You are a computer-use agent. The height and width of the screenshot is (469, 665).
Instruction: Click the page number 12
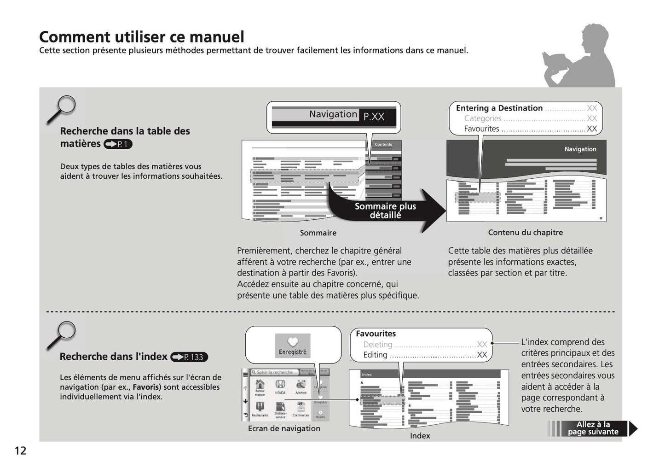pyautogui.click(x=21, y=451)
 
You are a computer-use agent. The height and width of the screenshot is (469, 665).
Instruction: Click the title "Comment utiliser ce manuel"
pyautogui.click(x=142, y=36)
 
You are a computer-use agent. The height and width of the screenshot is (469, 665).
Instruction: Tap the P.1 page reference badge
pyautogui.click(x=118, y=144)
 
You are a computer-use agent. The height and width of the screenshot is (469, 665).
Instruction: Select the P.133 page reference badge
pyautogui.click(x=189, y=357)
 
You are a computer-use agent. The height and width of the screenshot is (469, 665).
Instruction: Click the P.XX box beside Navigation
pyautogui.click(x=374, y=117)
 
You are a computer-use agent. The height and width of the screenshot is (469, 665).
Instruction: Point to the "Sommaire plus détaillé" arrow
pyautogui.click(x=386, y=211)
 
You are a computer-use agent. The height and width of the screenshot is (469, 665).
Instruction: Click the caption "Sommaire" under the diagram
pyautogui.click(x=318, y=233)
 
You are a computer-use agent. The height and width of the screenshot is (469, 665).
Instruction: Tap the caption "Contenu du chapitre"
pyautogui.click(x=525, y=233)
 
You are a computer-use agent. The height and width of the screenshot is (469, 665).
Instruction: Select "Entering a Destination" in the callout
pyautogui.click(x=499, y=108)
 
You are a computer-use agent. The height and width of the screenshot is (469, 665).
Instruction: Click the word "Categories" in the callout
pyautogui.click(x=482, y=118)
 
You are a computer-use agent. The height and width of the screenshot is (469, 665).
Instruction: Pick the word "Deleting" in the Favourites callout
pyautogui.click(x=378, y=345)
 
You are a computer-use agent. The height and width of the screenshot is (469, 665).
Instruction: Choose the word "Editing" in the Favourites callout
pyautogui.click(x=375, y=355)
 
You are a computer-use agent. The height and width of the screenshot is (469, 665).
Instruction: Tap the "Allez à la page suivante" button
pyautogui.click(x=593, y=428)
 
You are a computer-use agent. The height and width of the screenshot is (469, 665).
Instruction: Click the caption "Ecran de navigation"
pyautogui.click(x=284, y=428)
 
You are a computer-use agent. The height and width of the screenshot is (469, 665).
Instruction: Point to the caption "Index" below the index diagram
pyautogui.click(x=420, y=436)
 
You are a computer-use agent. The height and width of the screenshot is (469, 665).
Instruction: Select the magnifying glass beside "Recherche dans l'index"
pyautogui.click(x=63, y=334)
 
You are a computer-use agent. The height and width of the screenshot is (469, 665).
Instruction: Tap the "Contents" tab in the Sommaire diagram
pyautogui.click(x=383, y=145)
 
